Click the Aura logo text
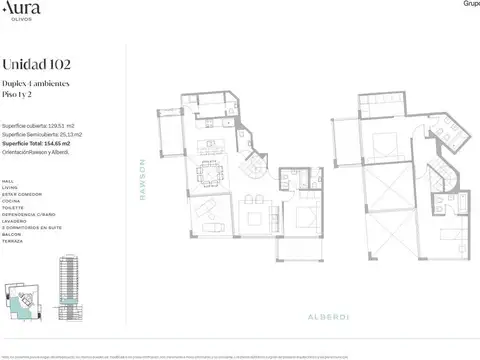[21, 11]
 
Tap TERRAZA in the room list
[13, 241]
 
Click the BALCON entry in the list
[12, 234]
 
